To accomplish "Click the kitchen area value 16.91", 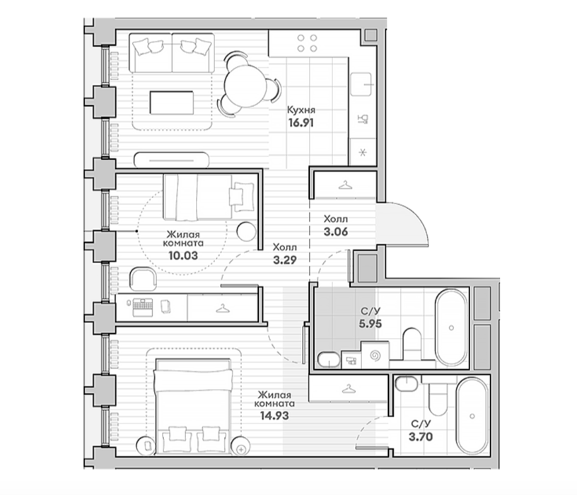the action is click(301, 123).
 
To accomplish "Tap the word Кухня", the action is click(301, 110).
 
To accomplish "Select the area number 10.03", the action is click(183, 255).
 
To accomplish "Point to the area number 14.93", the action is click(274, 416).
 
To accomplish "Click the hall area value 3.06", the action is click(336, 232).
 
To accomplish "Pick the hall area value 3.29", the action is click(285, 260).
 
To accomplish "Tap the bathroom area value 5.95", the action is click(371, 324).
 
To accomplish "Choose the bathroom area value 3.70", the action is click(421, 437).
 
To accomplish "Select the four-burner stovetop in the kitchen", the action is click(308, 43).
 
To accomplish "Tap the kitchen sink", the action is click(361, 84).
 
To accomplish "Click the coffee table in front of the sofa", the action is click(172, 103).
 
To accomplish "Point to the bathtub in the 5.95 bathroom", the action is click(451, 327).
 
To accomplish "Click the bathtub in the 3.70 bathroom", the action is click(472, 416).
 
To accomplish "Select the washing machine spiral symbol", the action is click(375, 356).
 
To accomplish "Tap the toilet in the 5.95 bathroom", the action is click(412, 345).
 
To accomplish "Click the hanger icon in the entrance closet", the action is click(345, 185).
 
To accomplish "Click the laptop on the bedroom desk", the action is click(142, 308).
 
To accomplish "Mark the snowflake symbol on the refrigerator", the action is click(363, 152).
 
